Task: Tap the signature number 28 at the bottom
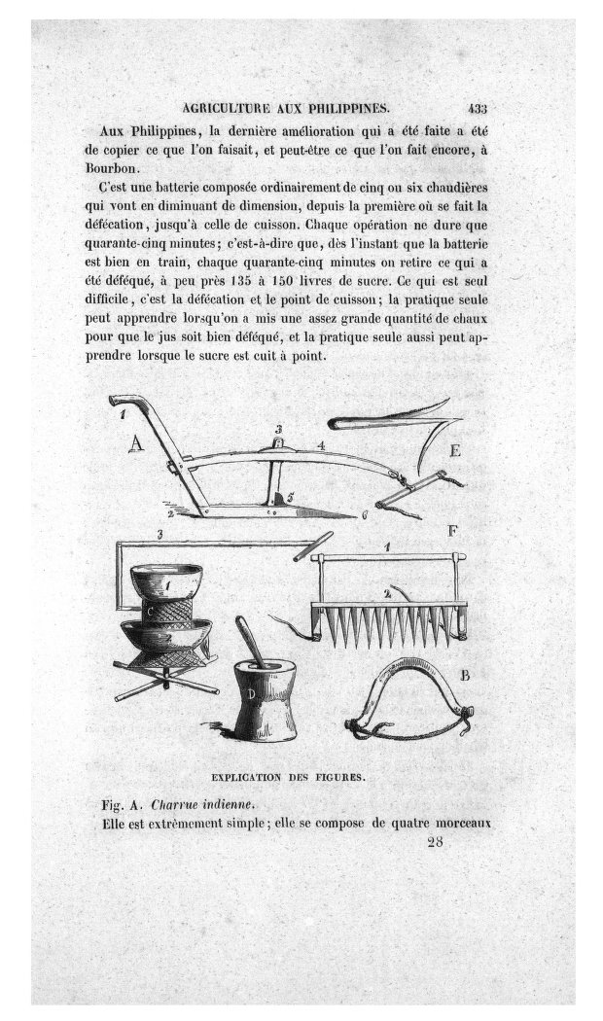click(x=435, y=843)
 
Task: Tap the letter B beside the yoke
click(x=465, y=673)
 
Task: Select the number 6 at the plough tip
click(x=364, y=514)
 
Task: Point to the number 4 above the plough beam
click(x=320, y=445)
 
